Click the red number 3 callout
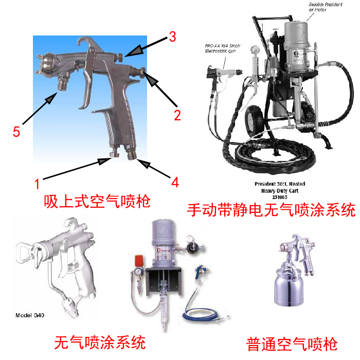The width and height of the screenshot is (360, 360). [172, 37]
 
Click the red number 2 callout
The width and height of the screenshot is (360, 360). [177, 115]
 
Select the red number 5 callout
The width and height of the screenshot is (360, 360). [16, 132]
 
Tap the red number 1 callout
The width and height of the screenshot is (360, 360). [37, 182]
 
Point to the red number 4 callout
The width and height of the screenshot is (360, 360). [175, 182]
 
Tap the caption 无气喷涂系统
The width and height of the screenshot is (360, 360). [100, 341]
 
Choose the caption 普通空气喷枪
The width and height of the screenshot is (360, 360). [292, 343]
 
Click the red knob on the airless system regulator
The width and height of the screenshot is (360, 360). [138, 258]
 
